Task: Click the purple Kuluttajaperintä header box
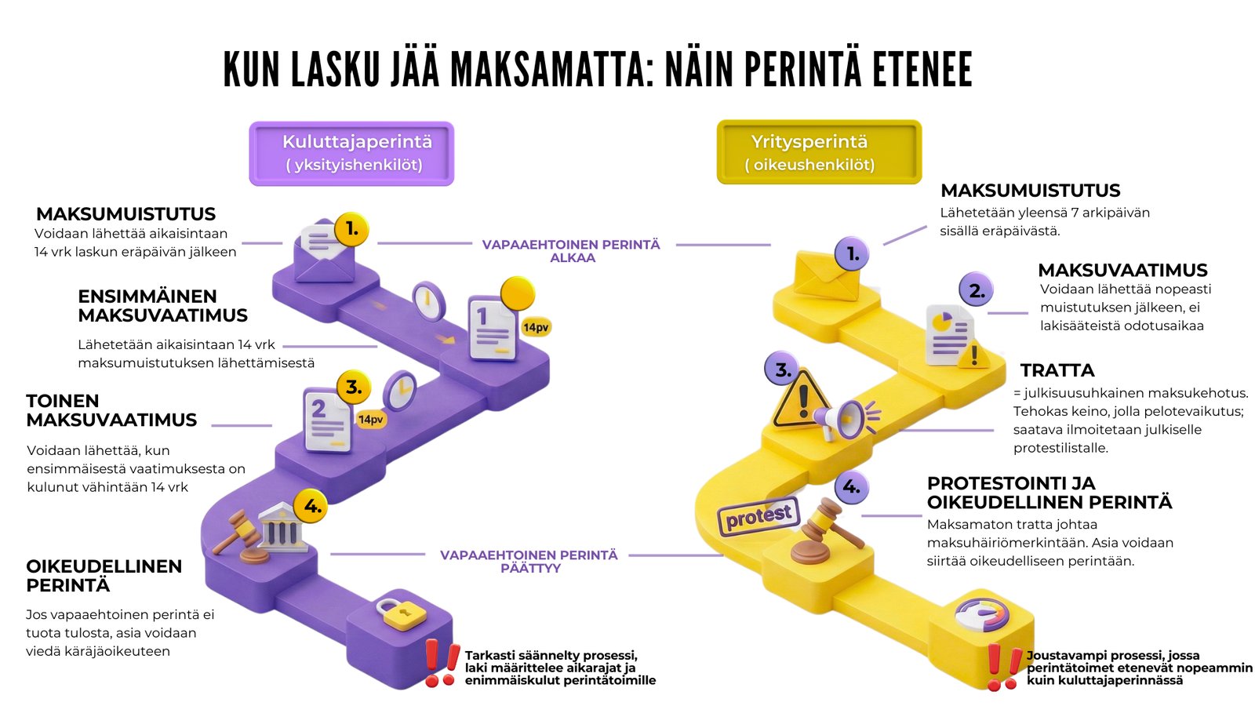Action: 351,153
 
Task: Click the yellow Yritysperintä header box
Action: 819,152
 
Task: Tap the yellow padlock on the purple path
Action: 400,613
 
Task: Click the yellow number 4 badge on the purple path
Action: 312,506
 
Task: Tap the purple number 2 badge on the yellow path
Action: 977,290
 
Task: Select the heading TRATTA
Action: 1057,370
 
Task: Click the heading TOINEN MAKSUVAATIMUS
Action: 111,410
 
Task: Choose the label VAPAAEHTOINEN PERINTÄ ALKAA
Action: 571,251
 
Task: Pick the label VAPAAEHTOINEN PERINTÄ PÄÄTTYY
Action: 529,561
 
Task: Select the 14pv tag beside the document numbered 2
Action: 371,420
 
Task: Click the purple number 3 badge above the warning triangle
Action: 783,369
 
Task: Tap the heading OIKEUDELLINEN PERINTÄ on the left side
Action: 104,576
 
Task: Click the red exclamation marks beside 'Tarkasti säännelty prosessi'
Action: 441,663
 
